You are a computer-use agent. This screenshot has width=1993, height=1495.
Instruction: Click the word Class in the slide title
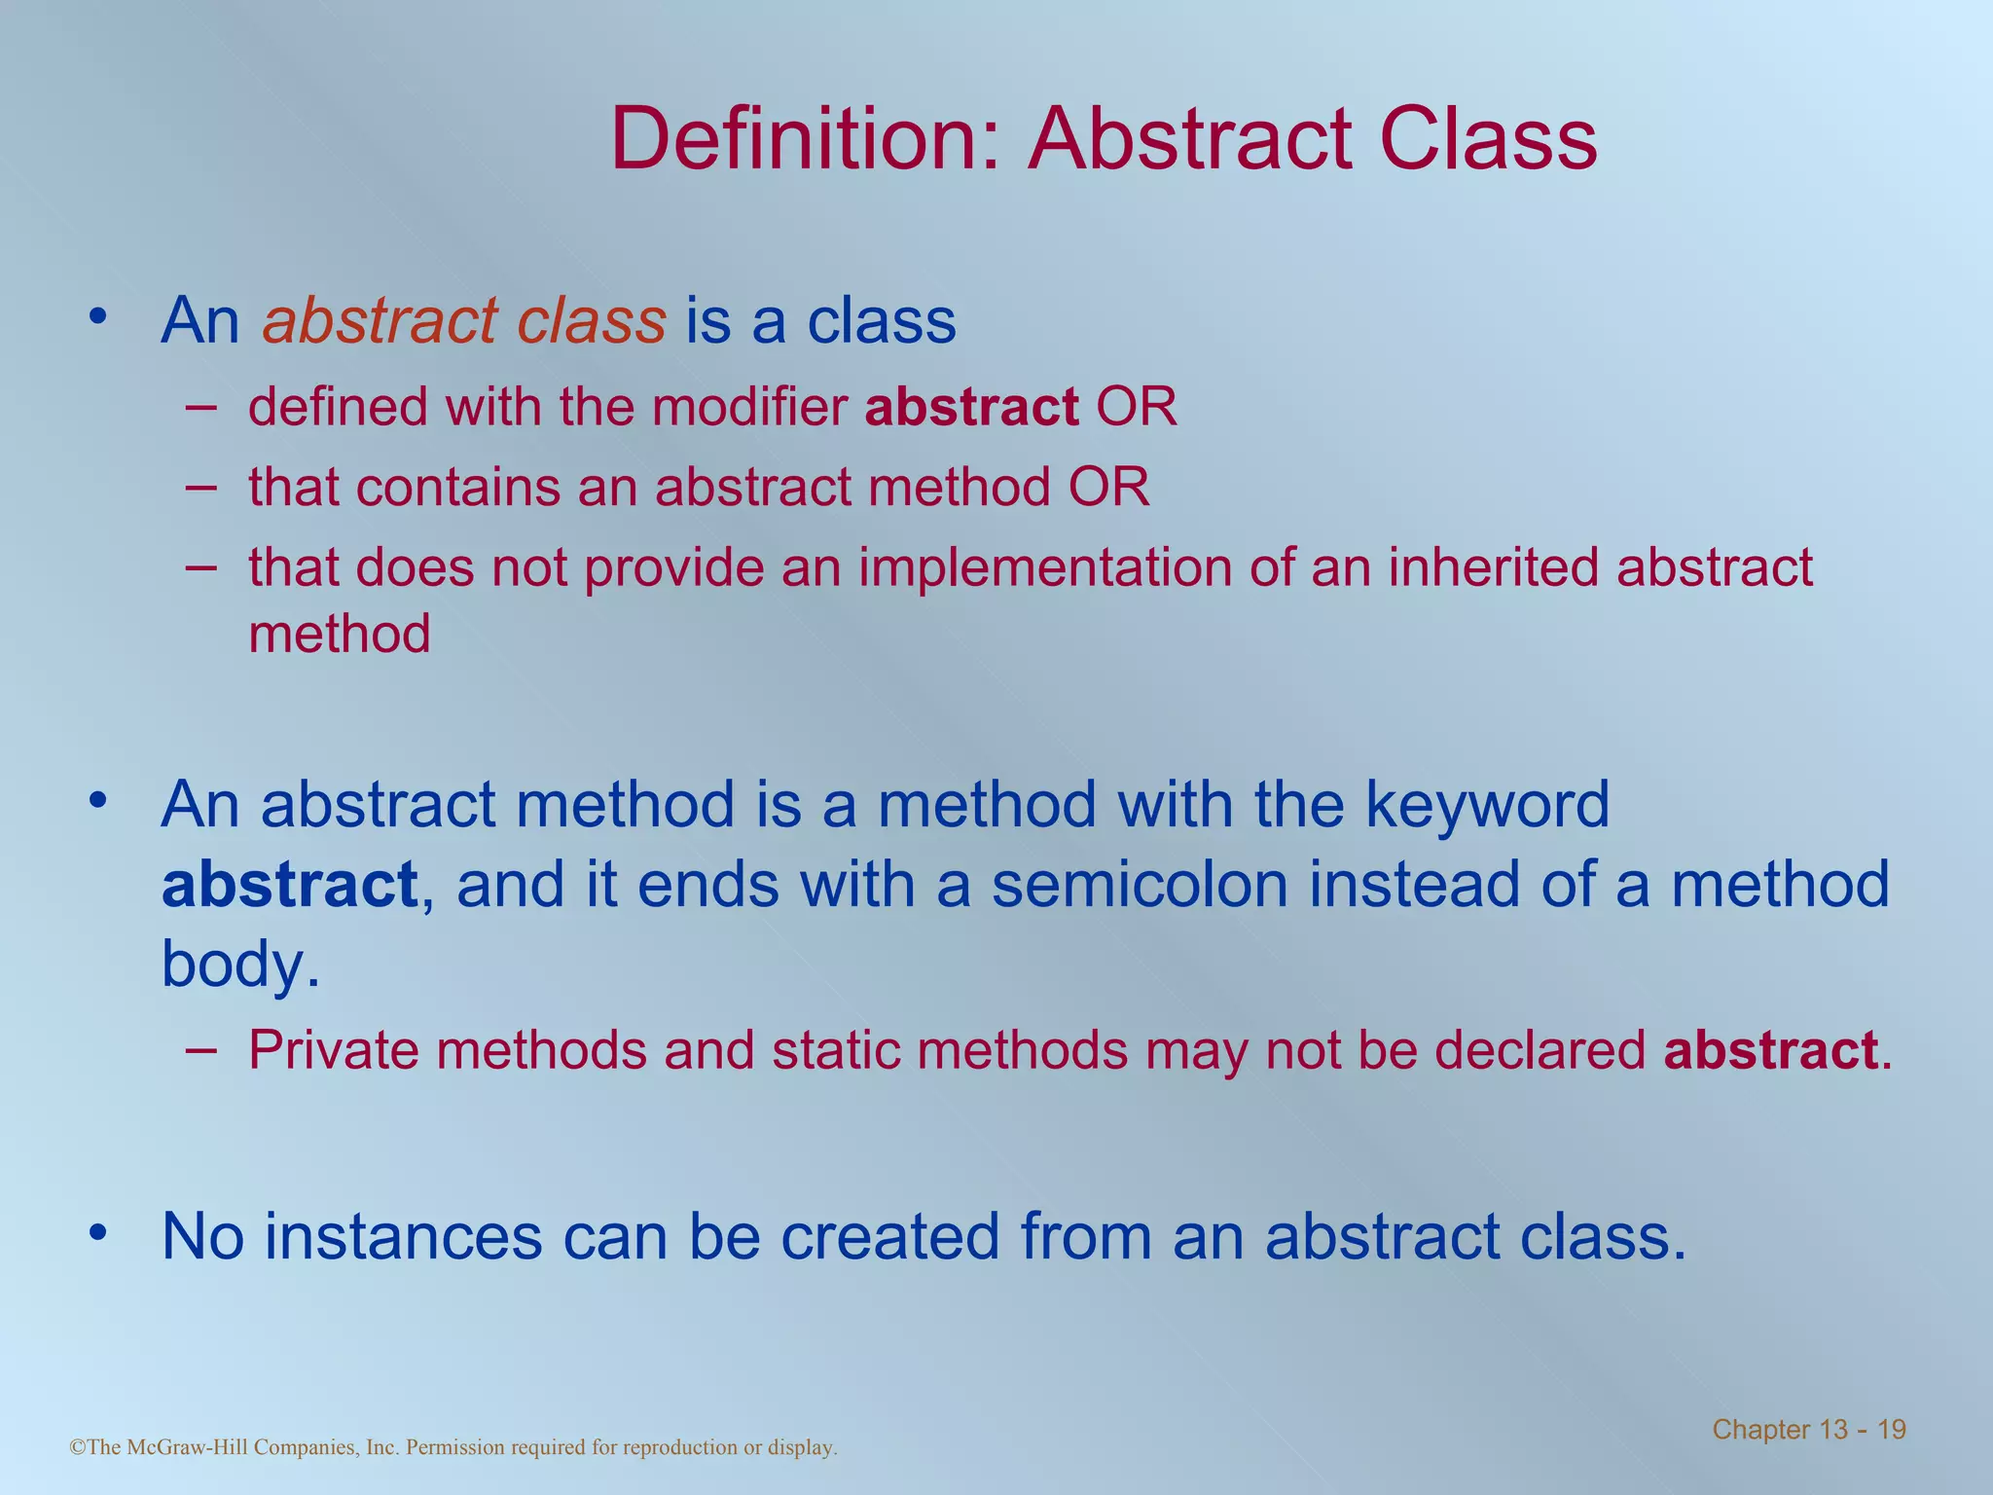point(1488,139)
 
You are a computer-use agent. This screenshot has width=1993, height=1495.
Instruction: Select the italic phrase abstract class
point(464,320)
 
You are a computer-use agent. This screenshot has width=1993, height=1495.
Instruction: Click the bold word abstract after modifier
point(971,407)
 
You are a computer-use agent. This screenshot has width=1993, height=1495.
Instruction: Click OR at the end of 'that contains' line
point(1108,487)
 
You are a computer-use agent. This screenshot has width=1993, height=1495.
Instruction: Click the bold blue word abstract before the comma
point(289,885)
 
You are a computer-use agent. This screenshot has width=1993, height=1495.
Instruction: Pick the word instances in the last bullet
point(404,1237)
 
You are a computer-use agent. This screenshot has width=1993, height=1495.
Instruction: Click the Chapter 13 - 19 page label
point(1808,1429)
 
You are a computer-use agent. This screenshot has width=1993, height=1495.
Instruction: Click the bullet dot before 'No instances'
point(96,1233)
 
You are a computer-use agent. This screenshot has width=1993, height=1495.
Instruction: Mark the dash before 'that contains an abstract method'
point(200,485)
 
